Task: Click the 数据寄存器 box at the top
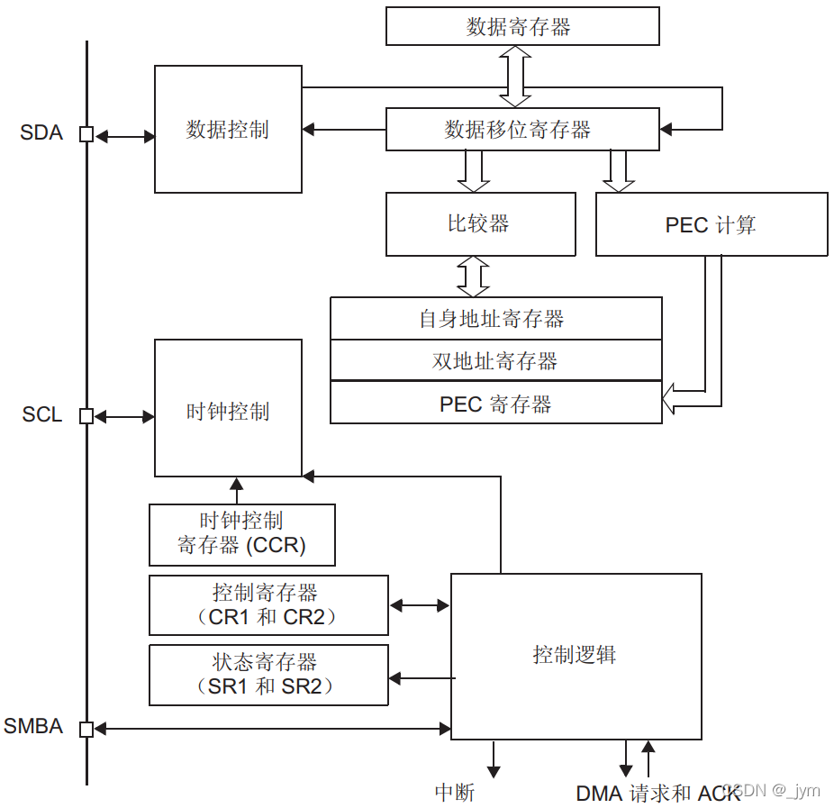[x=522, y=26]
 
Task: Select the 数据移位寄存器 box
[x=522, y=130]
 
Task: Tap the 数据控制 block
[x=228, y=130]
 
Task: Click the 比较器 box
[x=480, y=224]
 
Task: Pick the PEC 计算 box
[x=712, y=224]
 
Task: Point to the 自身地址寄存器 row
[x=495, y=319]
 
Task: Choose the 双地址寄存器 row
[x=495, y=361]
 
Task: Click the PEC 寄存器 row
[x=495, y=404]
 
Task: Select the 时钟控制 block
[x=228, y=412]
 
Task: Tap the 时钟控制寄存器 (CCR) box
[x=241, y=534]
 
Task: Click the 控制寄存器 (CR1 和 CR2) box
[x=267, y=605]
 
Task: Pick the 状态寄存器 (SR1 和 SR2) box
[x=267, y=675]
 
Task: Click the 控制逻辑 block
[x=576, y=655]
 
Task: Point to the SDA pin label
[x=41, y=133]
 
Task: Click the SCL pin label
[x=42, y=415]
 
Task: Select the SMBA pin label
[x=33, y=726]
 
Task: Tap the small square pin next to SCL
[x=86, y=416]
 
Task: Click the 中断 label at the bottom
[x=455, y=792]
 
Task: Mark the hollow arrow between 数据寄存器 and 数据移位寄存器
[x=516, y=77]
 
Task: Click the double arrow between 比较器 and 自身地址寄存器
[x=474, y=277]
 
